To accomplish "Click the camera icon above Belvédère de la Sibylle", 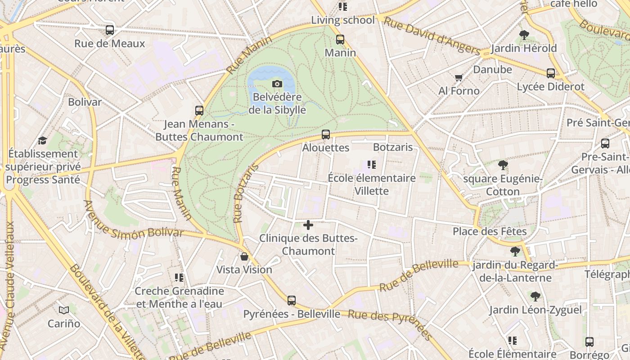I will (x=277, y=84).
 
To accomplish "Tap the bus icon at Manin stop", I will (x=340, y=40).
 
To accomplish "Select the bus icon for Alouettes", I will (x=326, y=135).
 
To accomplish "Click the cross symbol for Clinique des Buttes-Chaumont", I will (x=308, y=225).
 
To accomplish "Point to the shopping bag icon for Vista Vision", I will (x=244, y=256).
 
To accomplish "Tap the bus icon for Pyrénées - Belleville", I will (x=292, y=301).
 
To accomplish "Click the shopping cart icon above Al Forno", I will (x=459, y=78).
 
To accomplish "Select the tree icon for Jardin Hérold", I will (x=524, y=35).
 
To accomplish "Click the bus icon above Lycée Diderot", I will (x=551, y=73).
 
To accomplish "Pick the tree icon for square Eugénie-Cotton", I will (x=503, y=165).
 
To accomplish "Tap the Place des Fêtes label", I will (x=490, y=231).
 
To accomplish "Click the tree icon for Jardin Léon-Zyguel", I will (x=535, y=297).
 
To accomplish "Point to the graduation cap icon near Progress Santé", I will (x=42, y=140).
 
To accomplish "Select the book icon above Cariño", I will (x=64, y=310).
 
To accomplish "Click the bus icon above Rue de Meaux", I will (x=110, y=30).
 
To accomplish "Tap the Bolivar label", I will (x=85, y=102).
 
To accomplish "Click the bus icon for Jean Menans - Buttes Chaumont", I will (x=199, y=110).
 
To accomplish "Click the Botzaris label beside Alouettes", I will (x=393, y=147).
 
